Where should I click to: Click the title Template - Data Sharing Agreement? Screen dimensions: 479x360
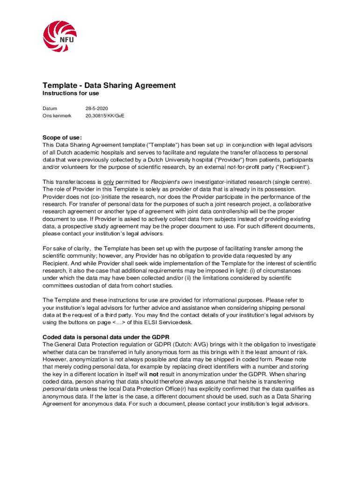pos(109,85)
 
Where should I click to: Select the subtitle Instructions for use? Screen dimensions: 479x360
pos(71,94)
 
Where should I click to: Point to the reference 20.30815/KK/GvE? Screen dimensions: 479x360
pos(105,116)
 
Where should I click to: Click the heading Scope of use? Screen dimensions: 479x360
pos(62,138)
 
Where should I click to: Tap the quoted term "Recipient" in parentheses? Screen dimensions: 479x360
pos(291,167)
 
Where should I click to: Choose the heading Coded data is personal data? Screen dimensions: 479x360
pos(106,337)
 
